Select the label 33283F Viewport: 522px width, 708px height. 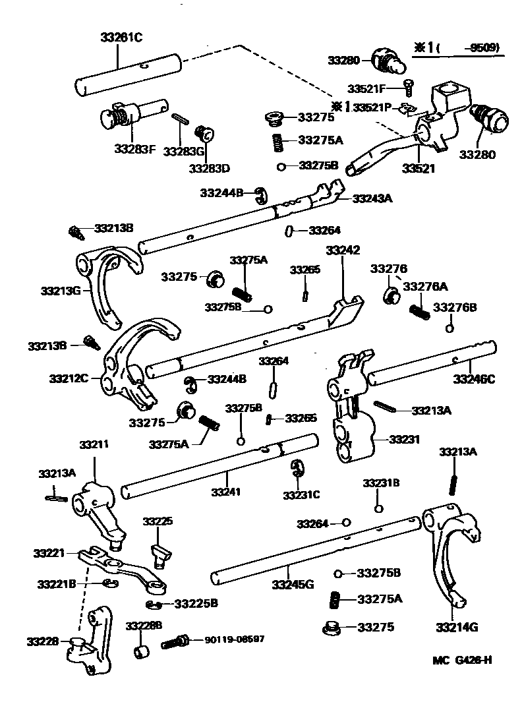(134, 149)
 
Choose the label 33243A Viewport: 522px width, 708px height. (372, 198)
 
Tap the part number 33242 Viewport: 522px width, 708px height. (343, 251)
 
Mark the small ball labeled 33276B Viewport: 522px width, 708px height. (449, 328)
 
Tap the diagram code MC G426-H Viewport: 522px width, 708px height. (462, 661)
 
